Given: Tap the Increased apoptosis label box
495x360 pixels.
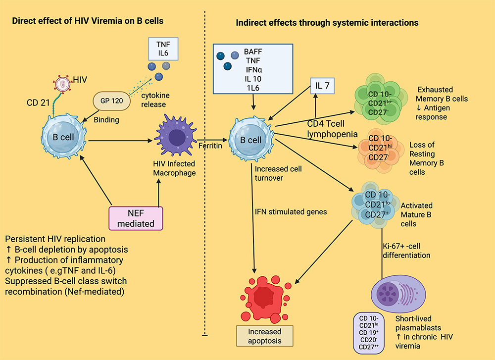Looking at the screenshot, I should click(x=265, y=336).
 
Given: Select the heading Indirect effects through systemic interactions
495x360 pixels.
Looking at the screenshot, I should click(x=327, y=23).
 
